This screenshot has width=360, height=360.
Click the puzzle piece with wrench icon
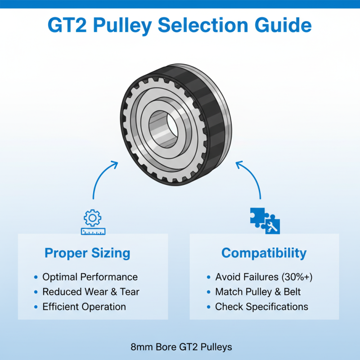pyautogui.click(x=265, y=221)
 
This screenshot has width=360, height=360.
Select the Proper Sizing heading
pyautogui.click(x=87, y=253)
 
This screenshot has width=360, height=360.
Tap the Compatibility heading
pyautogui.click(x=264, y=253)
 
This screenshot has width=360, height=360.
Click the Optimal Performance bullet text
pyautogui.click(x=90, y=277)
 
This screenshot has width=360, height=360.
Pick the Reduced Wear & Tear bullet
pyautogui.click(x=91, y=292)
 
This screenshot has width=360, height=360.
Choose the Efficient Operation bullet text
pyautogui.click(x=84, y=307)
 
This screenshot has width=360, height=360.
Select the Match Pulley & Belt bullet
pyautogui.click(x=258, y=292)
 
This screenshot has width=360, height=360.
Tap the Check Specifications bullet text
pyautogui.click(x=261, y=307)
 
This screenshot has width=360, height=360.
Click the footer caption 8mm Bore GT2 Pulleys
pyautogui.click(x=181, y=347)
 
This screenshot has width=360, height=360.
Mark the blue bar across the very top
pyautogui.click(x=180, y=4)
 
